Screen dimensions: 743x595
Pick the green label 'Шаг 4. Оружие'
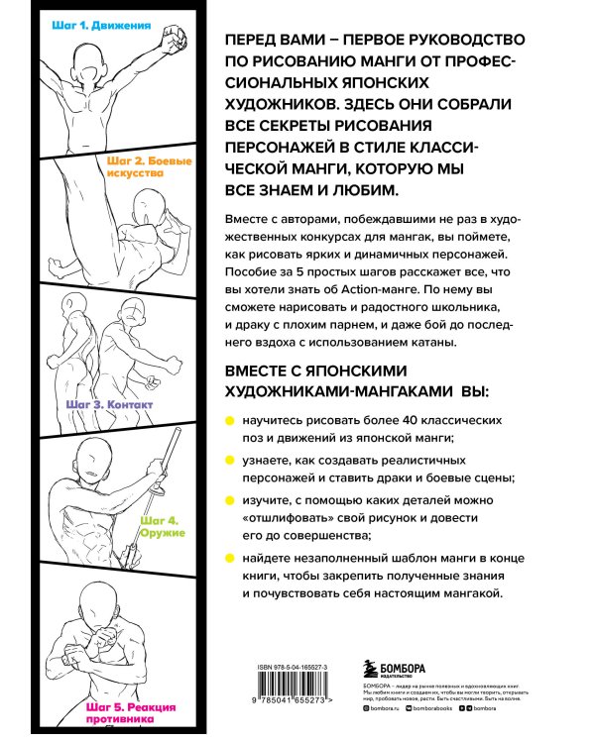(x=158, y=525)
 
